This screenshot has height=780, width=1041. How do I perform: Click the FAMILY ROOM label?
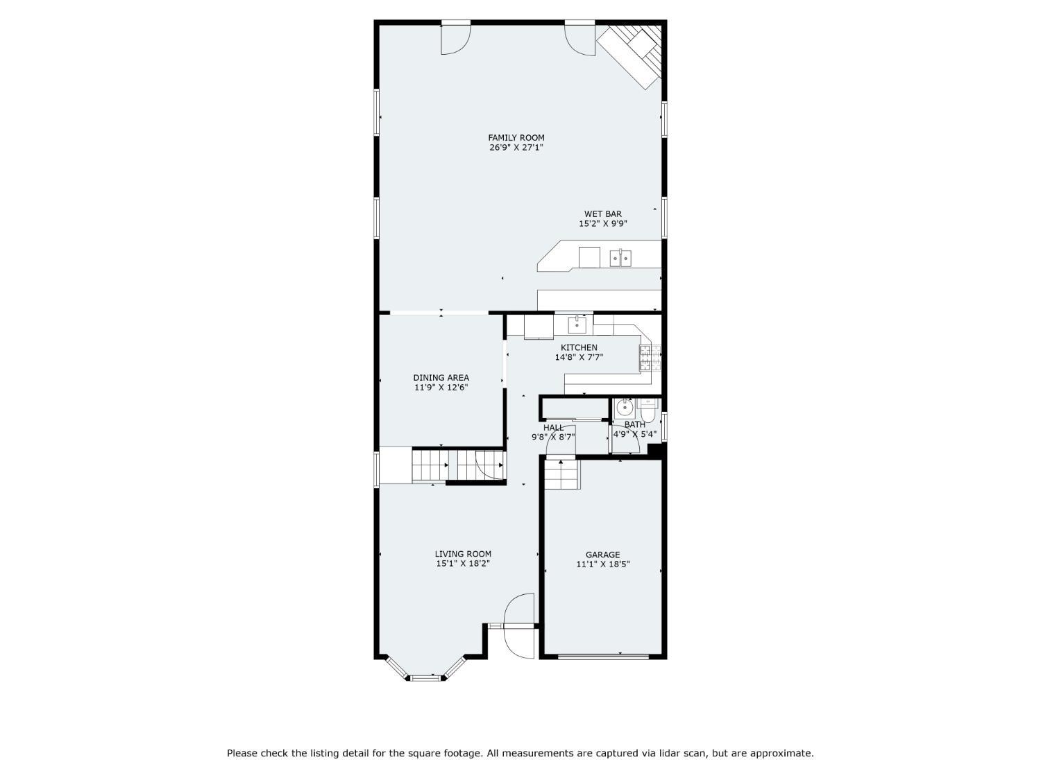point(516,138)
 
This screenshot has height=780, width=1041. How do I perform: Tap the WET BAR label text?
point(603,214)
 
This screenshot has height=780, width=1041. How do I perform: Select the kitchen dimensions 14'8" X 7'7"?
point(579,357)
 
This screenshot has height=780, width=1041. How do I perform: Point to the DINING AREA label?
point(441,377)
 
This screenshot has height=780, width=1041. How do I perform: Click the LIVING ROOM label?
point(463,553)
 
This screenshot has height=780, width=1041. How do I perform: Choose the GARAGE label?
point(603,555)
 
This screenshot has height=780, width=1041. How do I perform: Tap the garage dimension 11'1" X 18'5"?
point(603,564)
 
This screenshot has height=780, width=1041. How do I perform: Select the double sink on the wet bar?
point(620,258)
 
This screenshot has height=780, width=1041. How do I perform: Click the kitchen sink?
point(577,325)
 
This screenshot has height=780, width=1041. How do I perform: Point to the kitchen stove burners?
point(650,358)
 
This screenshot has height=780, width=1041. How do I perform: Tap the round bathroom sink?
point(625,407)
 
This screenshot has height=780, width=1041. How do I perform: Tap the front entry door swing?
point(519,625)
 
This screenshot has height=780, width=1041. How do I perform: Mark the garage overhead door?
point(603,657)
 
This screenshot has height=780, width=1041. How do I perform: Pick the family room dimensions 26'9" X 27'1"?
point(516,147)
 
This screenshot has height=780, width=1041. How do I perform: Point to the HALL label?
point(553,428)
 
